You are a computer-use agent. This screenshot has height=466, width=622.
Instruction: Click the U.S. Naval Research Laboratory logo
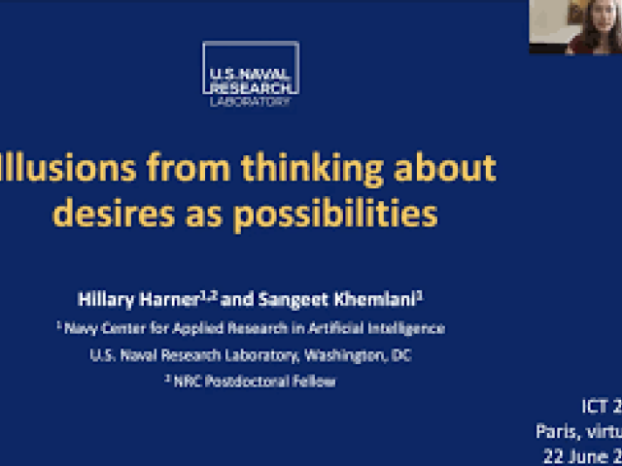click(251, 74)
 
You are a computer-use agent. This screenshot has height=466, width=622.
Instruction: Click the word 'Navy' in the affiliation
click(83, 328)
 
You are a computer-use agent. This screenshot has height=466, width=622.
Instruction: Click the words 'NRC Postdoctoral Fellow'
click(256, 382)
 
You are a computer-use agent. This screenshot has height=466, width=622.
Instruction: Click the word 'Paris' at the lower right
click(556, 431)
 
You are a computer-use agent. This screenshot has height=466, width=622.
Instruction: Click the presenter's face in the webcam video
click(589, 19)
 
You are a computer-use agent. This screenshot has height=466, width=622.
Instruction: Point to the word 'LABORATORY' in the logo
click(251, 100)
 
